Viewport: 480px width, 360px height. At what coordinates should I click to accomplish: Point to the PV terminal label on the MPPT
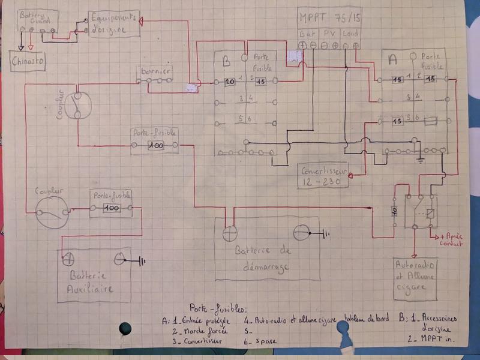point(329,34)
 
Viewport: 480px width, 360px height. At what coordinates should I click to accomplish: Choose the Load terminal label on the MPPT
point(351,34)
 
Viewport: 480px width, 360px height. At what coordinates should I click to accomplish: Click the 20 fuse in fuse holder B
point(229,82)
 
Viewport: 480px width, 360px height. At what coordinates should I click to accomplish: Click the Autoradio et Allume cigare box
point(415,278)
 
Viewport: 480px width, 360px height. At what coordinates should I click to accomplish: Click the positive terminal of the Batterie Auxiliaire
point(68,259)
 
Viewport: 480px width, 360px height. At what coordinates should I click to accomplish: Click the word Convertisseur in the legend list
point(197,341)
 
